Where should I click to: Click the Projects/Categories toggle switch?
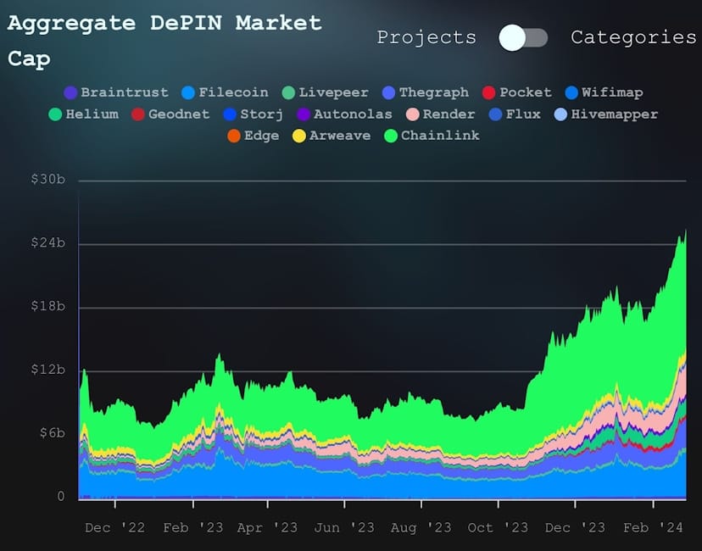point(523,37)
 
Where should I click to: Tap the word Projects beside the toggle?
point(426,37)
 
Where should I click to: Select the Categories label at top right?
point(632,37)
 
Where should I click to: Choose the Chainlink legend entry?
point(432,136)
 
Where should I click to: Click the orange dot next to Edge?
point(233,136)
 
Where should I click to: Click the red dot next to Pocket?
point(487,92)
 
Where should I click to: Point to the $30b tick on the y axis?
point(48,181)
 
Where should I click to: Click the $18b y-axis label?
point(48,307)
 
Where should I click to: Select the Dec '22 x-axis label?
point(115,527)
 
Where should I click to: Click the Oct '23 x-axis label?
point(498,527)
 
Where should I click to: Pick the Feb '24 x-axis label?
point(650,527)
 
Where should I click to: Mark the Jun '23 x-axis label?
point(344,527)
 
